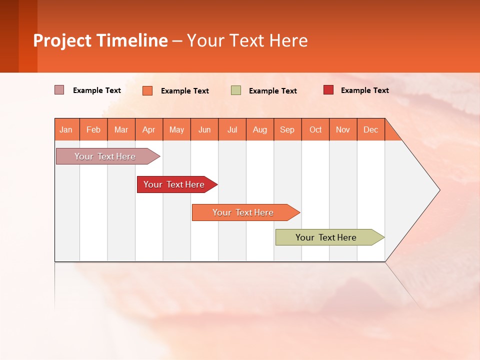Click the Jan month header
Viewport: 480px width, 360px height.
(66, 129)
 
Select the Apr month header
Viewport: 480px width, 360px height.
(149, 129)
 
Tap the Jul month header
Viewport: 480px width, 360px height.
(232, 129)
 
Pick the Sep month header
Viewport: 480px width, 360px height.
(287, 129)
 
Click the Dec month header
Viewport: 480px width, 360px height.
(370, 129)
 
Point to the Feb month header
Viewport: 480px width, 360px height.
(93, 129)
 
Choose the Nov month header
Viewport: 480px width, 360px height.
(343, 129)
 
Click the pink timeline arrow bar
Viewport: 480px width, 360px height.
(105, 156)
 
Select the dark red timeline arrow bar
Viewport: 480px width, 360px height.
(175, 184)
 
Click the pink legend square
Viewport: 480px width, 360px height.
(59, 90)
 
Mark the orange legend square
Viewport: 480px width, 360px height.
(147, 90)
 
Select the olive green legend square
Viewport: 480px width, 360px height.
(236, 90)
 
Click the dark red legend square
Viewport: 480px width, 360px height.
(328, 90)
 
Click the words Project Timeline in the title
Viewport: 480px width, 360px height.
(100, 40)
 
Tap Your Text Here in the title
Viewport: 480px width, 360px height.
(247, 40)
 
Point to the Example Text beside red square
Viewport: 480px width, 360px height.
(364, 90)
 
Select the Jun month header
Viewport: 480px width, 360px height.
(204, 129)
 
